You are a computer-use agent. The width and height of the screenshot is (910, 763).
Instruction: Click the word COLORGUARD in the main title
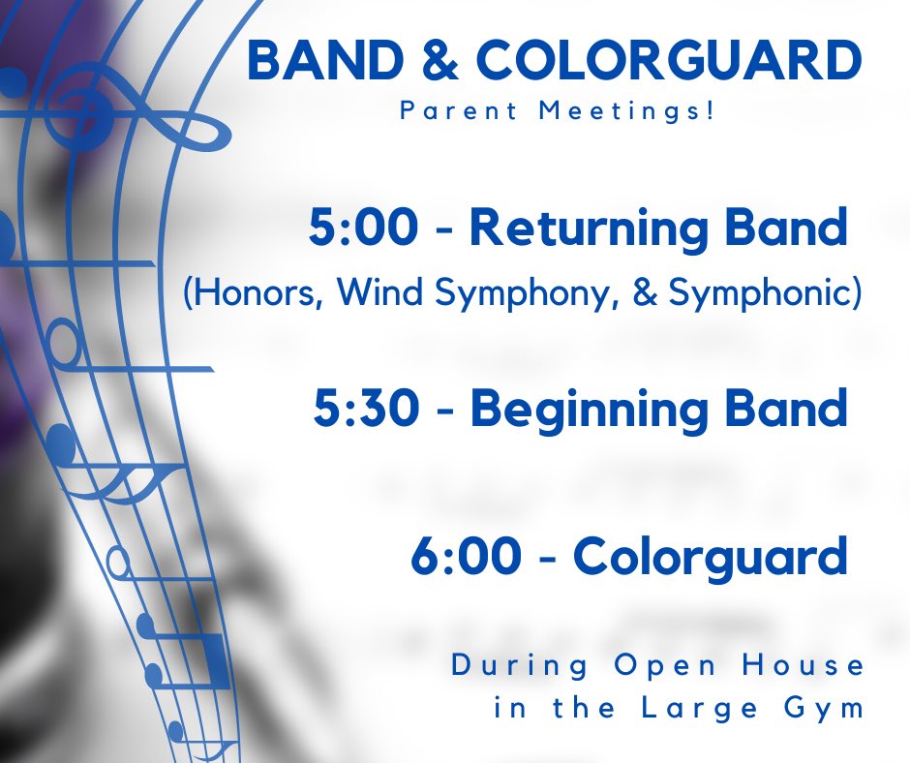[668, 62]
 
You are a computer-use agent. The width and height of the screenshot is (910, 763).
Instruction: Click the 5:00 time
[364, 229]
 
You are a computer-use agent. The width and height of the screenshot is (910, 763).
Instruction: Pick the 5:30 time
[367, 409]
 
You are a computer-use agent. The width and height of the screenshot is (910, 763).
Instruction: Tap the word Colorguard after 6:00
[710, 558]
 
